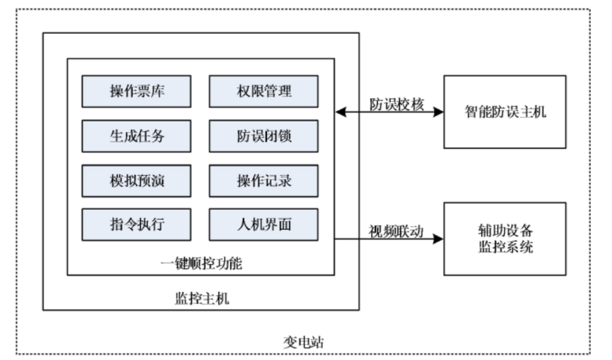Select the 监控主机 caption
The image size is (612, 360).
coord(201,297)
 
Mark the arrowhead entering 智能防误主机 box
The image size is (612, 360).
coord(438,112)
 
